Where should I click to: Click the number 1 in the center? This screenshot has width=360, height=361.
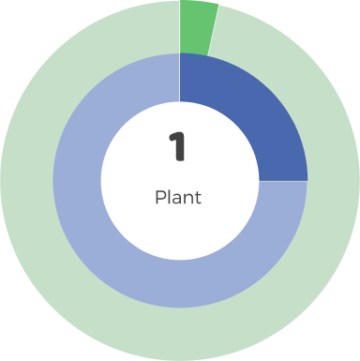(177, 146)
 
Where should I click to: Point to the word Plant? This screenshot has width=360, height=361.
(178, 198)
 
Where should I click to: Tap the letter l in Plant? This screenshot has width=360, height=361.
(169, 197)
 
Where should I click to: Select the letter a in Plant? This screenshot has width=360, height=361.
(176, 199)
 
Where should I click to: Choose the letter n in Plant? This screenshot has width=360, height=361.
(187, 199)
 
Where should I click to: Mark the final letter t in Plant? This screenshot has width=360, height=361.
(197, 198)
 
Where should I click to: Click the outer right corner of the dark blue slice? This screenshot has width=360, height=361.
(307, 180)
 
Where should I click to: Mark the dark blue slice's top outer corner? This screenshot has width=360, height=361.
(181, 54)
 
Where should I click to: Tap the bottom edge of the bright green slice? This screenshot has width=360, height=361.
(194, 54)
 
